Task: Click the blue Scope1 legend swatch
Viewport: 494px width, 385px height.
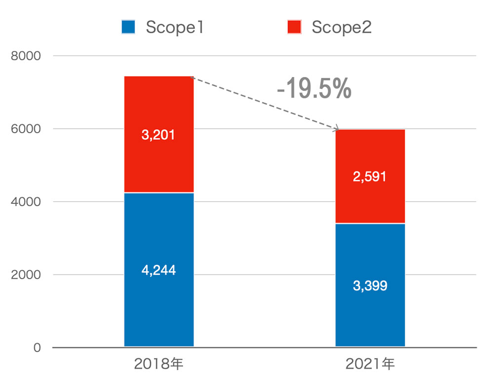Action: click(128, 27)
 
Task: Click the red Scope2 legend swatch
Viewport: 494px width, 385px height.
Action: click(294, 27)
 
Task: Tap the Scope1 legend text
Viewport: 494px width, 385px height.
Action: click(175, 27)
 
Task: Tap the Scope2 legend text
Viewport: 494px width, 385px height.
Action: click(341, 27)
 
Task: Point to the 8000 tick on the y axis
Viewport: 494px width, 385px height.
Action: click(26, 56)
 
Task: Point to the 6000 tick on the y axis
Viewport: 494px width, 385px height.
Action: click(26, 129)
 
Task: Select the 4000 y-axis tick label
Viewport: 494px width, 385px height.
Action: click(26, 202)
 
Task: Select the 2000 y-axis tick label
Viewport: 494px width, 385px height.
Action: click(26, 275)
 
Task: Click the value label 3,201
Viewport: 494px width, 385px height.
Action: click(158, 135)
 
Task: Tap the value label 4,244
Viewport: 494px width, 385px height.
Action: click(158, 270)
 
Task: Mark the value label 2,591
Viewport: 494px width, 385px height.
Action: click(370, 177)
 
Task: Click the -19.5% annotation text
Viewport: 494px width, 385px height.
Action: click(314, 89)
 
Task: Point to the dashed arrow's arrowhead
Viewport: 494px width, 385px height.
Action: click(337, 129)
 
